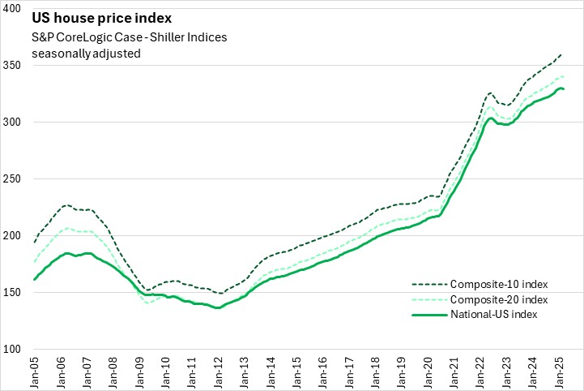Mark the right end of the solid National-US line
564,88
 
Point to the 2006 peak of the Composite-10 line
66,204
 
